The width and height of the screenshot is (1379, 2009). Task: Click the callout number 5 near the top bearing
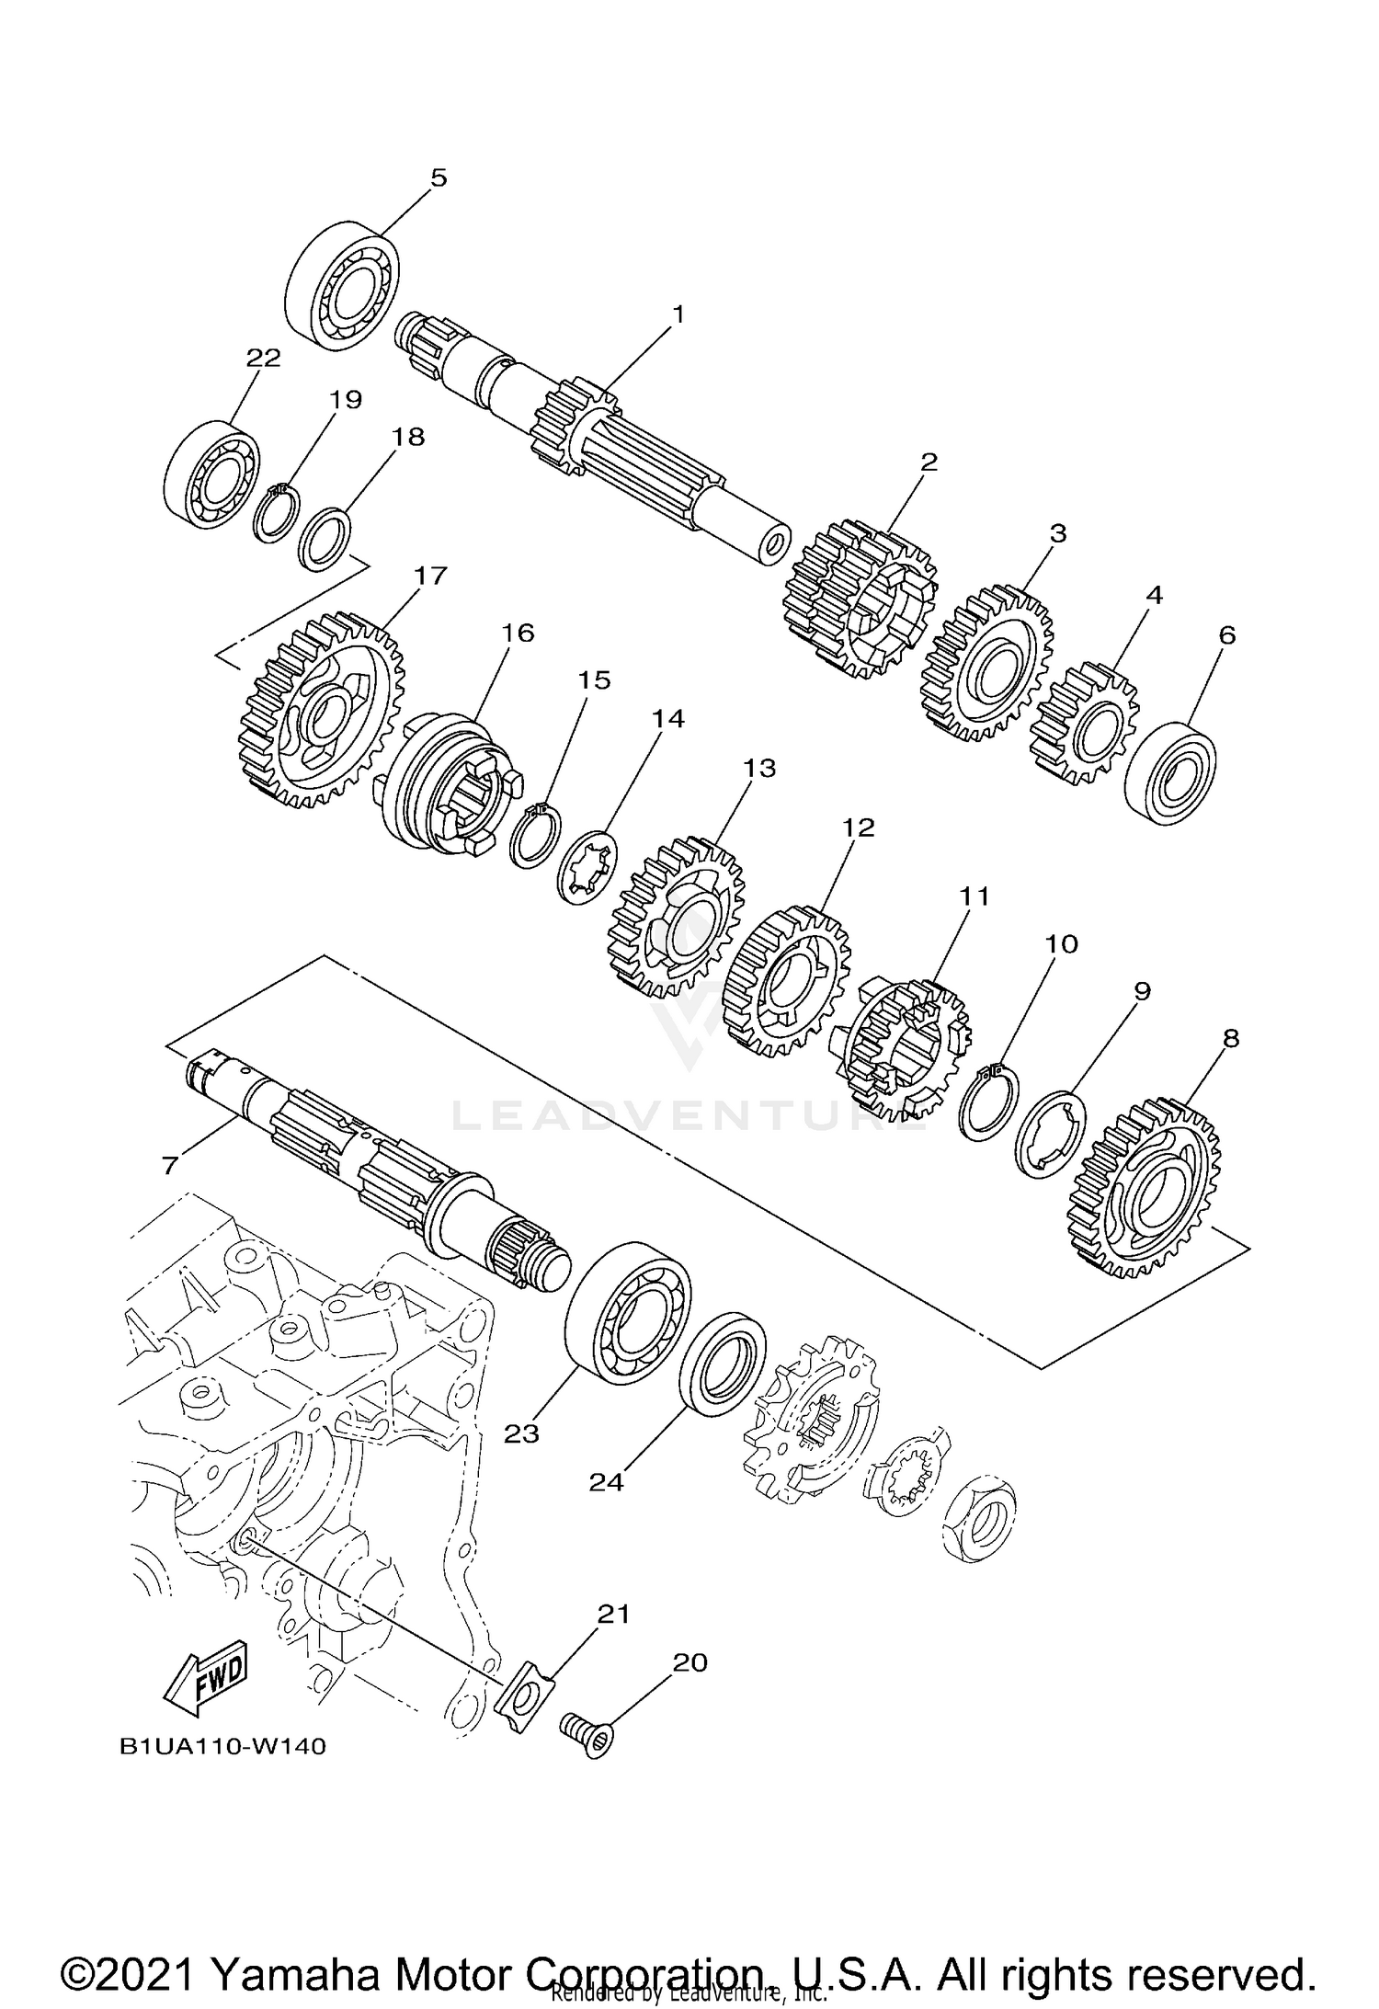439,177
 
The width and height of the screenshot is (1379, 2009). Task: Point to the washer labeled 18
326,539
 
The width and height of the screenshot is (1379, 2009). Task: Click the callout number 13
759,768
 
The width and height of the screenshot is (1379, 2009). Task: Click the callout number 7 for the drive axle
169,1165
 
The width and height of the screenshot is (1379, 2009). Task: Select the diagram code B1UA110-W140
222,1772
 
